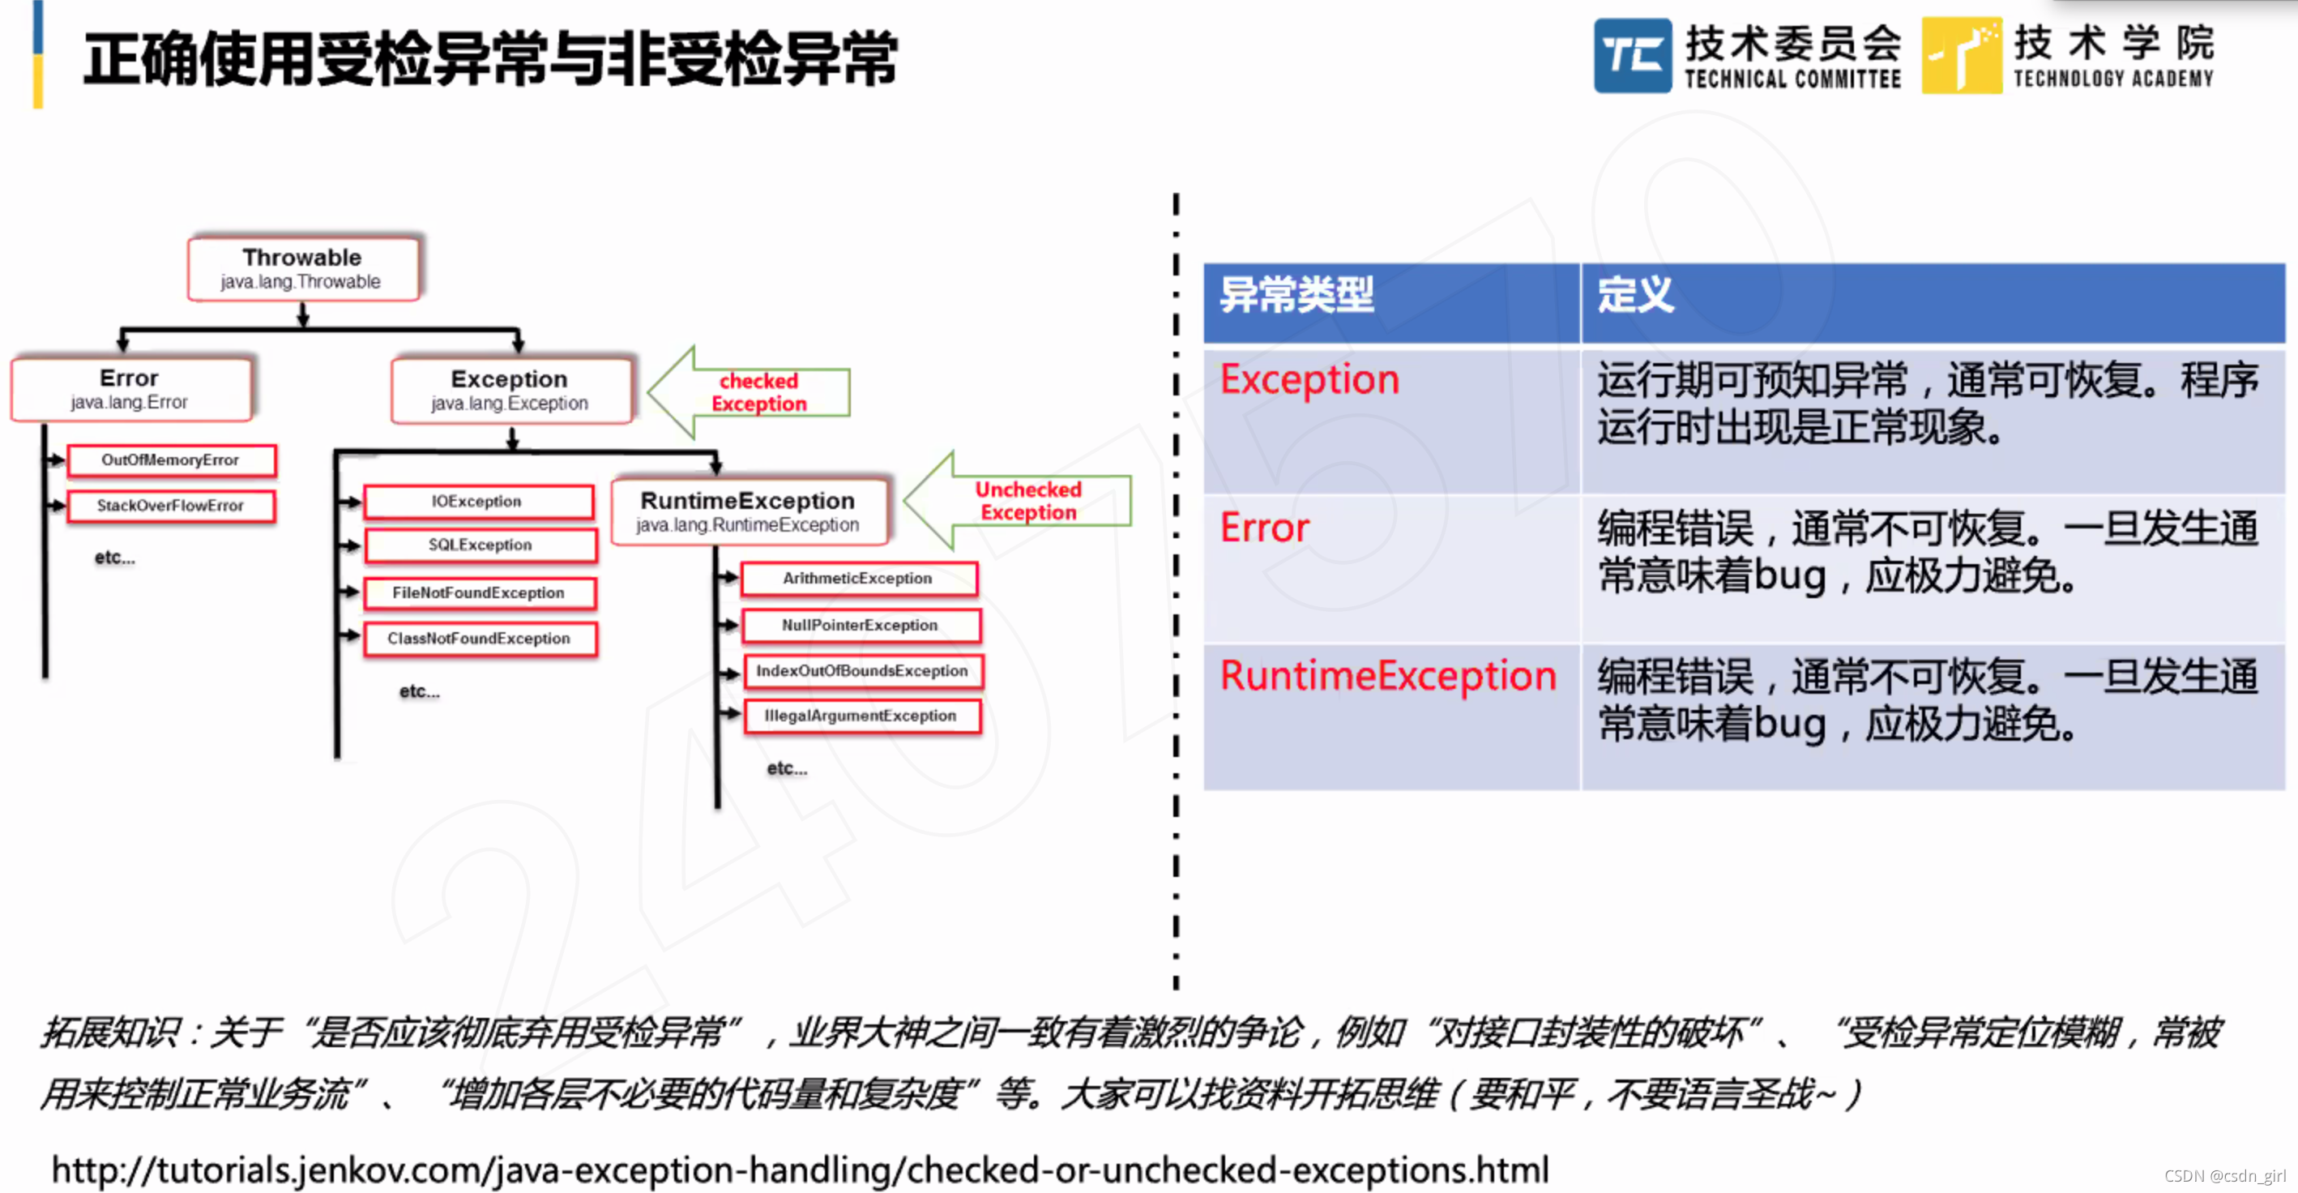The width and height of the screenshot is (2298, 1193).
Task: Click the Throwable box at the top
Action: [302, 267]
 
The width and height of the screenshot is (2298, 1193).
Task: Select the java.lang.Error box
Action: [130, 389]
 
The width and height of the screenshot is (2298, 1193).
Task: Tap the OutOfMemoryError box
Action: [170, 460]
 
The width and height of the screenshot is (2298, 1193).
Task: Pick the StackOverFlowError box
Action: [170, 506]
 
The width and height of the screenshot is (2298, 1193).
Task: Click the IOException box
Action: [477, 502]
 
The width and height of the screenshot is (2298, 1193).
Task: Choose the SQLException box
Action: [480, 545]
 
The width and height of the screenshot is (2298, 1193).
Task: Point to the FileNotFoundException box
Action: [479, 593]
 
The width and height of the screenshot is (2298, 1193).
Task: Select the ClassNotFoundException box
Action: [479, 639]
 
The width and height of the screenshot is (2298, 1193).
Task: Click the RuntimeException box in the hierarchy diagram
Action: [749, 511]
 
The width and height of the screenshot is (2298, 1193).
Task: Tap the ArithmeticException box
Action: [858, 578]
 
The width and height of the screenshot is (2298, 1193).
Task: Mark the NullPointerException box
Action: [861, 626]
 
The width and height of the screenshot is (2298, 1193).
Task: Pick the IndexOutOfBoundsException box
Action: [863, 671]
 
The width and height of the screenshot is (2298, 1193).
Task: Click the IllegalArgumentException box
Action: [861, 716]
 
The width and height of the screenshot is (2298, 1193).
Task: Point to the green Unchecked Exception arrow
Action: [1023, 501]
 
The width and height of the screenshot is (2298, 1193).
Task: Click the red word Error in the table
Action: [1264, 528]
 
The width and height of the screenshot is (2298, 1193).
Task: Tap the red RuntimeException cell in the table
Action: [1387, 675]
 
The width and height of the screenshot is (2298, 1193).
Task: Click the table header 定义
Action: [1634, 294]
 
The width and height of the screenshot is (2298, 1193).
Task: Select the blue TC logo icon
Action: [1632, 55]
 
